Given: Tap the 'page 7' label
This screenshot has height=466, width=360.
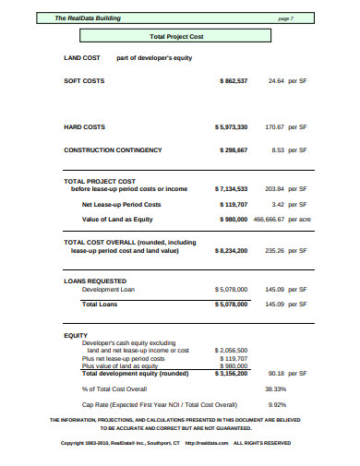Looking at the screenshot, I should (x=284, y=18).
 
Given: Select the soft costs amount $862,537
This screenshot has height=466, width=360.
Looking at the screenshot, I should (x=233, y=81).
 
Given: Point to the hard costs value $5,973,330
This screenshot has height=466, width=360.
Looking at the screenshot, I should (x=231, y=126).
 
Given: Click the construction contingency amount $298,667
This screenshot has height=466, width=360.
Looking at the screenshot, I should (x=233, y=149).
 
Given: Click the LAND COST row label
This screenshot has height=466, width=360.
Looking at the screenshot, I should (x=82, y=57).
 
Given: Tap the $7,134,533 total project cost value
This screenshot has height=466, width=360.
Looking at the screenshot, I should (x=231, y=188).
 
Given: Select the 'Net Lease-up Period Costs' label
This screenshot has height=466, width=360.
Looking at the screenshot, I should (x=121, y=203).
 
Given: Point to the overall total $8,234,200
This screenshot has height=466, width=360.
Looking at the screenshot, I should (x=231, y=249).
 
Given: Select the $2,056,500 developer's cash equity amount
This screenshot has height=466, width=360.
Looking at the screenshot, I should (x=230, y=351).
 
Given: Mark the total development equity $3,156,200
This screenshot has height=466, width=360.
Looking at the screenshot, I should (x=230, y=374).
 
